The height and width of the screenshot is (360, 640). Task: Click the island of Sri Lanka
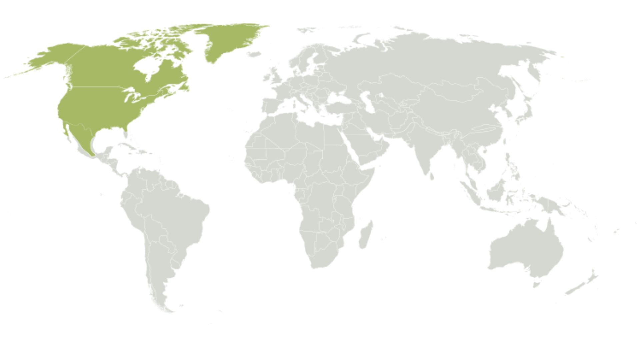point(432,176)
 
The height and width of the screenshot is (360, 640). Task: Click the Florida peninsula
point(126,134)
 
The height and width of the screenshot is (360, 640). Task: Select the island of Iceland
point(254,54)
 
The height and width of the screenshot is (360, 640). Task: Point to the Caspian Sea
point(366,99)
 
